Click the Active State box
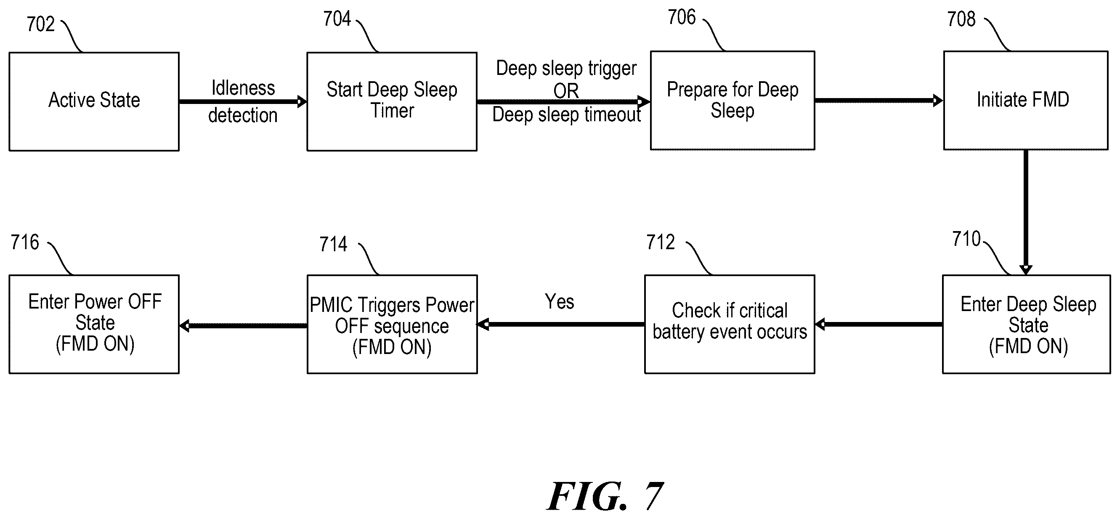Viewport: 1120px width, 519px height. pyautogui.click(x=94, y=101)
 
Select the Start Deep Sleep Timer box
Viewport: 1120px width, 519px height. pyautogui.click(x=392, y=101)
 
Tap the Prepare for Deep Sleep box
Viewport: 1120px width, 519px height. pyautogui.click(x=733, y=101)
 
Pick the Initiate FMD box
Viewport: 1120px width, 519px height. pyautogui.click(x=1026, y=101)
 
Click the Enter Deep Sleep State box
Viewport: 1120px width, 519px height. pyautogui.click(x=1027, y=324)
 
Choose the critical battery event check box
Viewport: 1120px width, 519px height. pyautogui.click(x=730, y=324)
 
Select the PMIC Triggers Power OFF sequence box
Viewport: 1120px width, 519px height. pyautogui.click(x=392, y=324)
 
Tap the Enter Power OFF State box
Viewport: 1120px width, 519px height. pyautogui.click(x=94, y=324)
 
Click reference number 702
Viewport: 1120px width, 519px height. pyautogui.click(x=40, y=24)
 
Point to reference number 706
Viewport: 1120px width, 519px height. pyautogui.click(x=682, y=17)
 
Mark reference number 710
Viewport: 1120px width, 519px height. pyautogui.click(x=966, y=239)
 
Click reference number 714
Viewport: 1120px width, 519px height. pyautogui.click(x=334, y=244)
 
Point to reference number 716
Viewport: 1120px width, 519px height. pyautogui.click(x=25, y=242)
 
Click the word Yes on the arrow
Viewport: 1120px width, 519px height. pyautogui.click(x=560, y=301)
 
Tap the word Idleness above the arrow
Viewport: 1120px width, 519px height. pyautogui.click(x=243, y=88)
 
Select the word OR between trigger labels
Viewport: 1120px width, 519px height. pyautogui.click(x=566, y=91)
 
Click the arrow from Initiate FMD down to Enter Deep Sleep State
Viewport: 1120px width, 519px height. pyautogui.click(x=1026, y=212)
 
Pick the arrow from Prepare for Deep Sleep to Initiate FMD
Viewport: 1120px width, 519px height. pyautogui.click(x=878, y=101)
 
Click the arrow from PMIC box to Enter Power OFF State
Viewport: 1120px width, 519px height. pyautogui.click(x=244, y=325)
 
